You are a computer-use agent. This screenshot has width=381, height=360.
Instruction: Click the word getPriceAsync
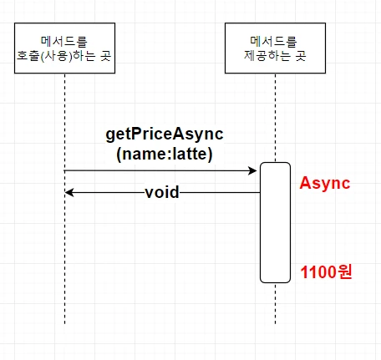coord(165,134)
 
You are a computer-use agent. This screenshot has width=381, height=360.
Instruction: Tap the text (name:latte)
coord(165,154)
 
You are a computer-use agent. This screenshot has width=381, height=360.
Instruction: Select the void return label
coord(162,192)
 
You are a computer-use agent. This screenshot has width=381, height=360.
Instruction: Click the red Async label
coord(325,184)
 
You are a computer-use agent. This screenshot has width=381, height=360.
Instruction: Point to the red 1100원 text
coord(326,271)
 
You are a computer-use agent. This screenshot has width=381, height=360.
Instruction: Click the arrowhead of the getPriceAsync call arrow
coord(253,170)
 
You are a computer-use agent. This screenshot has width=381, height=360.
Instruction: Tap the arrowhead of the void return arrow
coord(69,192)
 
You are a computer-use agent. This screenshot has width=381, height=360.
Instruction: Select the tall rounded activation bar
coord(275,222)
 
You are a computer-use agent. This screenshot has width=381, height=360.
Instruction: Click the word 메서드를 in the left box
coord(64,42)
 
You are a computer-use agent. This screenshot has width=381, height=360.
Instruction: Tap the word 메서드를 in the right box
coord(274,42)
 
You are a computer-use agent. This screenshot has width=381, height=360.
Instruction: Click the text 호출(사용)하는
coord(57,56)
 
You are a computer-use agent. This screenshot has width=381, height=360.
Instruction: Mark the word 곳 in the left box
coord(106,56)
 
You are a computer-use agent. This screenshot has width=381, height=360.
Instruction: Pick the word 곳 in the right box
coord(301,56)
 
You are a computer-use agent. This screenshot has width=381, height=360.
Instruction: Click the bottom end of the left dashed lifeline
coord(64,324)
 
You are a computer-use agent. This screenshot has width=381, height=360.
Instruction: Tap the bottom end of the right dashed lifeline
coord(275,324)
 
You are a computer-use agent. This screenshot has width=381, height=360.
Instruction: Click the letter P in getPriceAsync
coord(136,134)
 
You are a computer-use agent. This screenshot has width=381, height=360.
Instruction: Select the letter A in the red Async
coord(305,183)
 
